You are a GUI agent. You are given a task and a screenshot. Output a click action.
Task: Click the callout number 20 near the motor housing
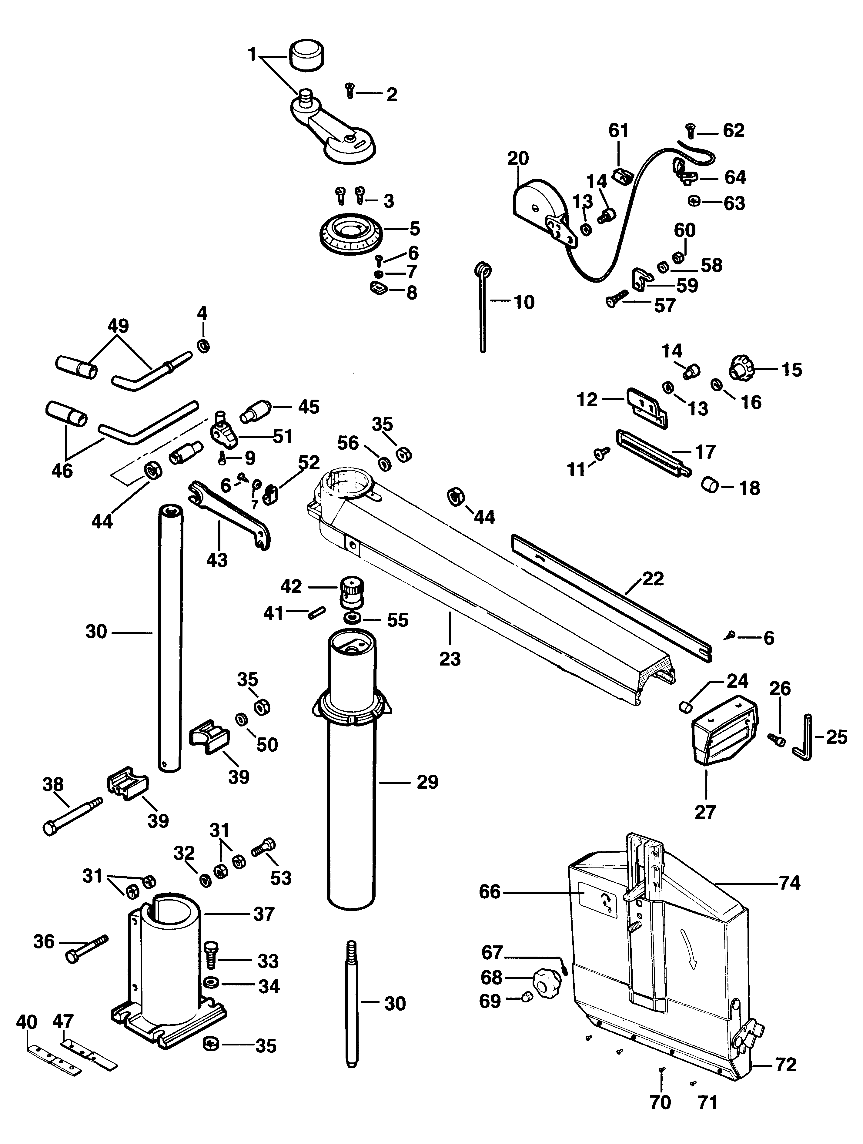518,158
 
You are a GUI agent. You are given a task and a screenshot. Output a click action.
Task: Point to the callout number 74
790,883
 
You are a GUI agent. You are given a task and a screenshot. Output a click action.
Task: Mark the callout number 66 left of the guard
490,892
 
